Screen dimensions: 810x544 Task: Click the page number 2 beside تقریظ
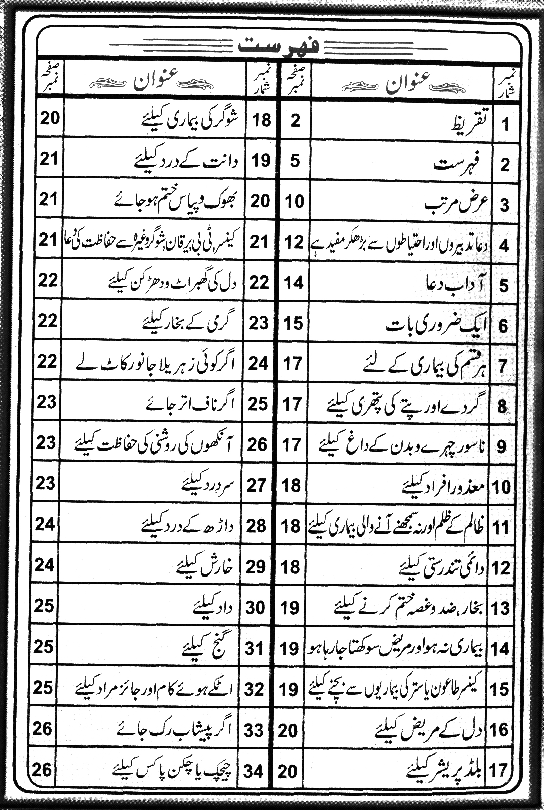pos(295,120)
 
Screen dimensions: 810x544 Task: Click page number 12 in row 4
pos(294,242)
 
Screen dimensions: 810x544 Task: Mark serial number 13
pos(500,608)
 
